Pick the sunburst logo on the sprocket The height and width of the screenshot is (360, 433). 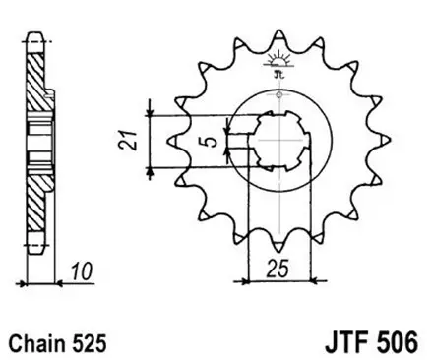[x=278, y=64]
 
